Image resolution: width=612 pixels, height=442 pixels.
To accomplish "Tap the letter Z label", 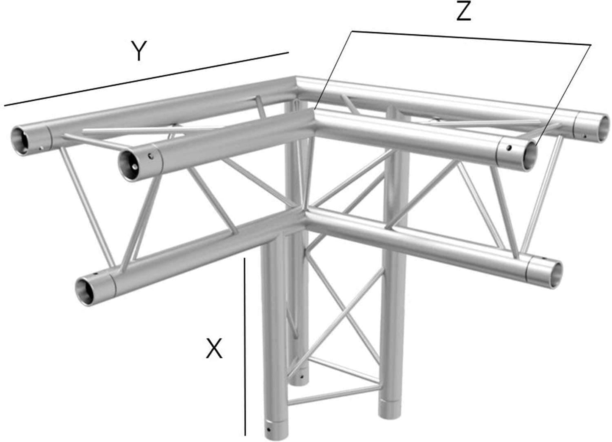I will (464, 13).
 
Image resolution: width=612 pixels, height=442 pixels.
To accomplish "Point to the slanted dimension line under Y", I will (146, 79).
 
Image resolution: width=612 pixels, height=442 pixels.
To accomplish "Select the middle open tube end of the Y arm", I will (130, 165).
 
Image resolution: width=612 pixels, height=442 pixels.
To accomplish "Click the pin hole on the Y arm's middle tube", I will (150, 157).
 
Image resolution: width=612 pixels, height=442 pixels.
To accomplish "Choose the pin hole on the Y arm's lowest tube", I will (98, 275).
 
